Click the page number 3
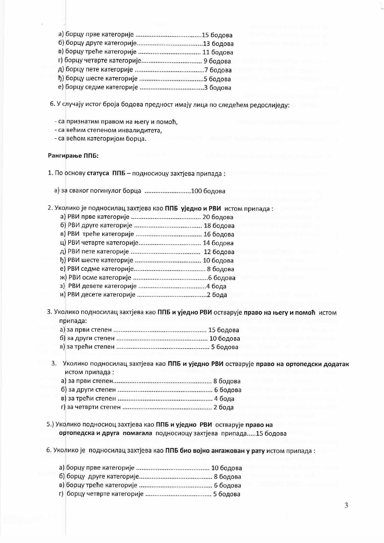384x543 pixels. (x=346, y=505)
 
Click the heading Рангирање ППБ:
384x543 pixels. (x=73, y=156)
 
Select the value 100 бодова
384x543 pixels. (x=208, y=191)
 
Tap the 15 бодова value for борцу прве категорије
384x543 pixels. (x=217, y=35)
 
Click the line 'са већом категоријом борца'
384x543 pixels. (x=100, y=138)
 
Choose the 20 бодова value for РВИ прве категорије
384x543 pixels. (x=218, y=217)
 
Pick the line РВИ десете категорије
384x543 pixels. (x=98, y=295)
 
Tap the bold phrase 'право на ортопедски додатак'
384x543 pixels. (x=302, y=364)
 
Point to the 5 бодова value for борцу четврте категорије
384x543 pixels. (x=227, y=494)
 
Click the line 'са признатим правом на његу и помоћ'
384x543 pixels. (x=116, y=122)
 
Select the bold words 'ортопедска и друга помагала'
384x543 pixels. (x=105, y=433)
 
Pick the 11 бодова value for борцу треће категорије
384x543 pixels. (x=218, y=53)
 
